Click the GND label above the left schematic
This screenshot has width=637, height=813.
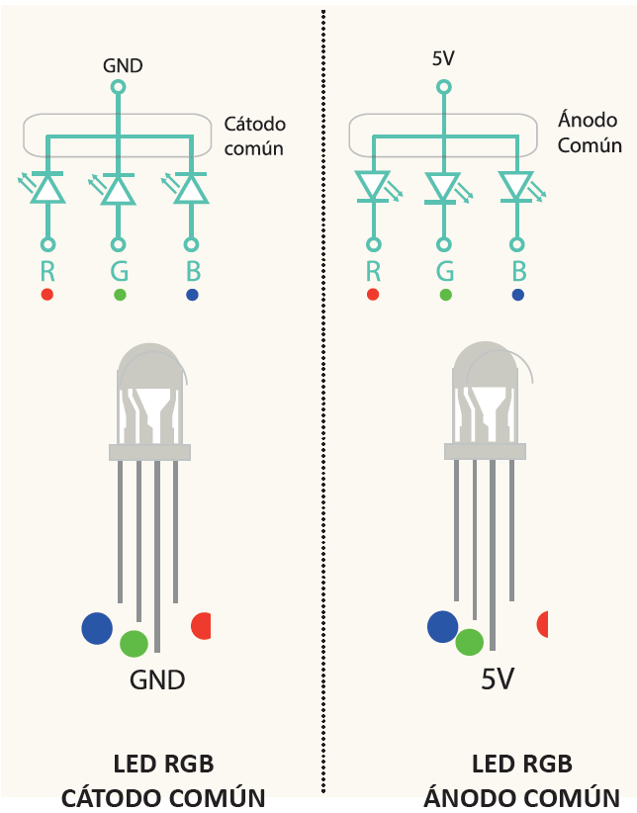coord(123,66)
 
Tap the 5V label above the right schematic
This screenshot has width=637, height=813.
coord(443,58)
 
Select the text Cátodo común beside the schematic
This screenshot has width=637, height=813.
coord(254,136)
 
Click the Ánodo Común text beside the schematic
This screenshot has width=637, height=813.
coord(590,133)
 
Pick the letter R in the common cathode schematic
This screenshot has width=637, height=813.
coord(47,271)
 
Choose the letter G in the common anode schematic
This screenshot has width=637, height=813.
coord(445,271)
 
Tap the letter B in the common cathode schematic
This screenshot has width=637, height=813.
coord(192,271)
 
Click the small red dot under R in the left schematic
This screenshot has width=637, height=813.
coord(47,295)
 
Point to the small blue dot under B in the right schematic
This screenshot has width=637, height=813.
coord(518,295)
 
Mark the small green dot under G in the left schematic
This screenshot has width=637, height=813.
coord(120,295)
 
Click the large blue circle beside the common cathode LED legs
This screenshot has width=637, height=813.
coord(97,628)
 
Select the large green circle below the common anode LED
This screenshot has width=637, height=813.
coord(470,642)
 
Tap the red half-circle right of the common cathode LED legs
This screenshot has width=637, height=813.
coord(202,626)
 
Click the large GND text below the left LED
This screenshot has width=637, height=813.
coord(157,679)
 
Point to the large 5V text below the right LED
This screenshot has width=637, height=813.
coord(499,679)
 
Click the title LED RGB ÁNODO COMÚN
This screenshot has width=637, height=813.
coord(521,780)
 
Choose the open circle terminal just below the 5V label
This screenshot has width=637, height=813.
coord(443,87)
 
